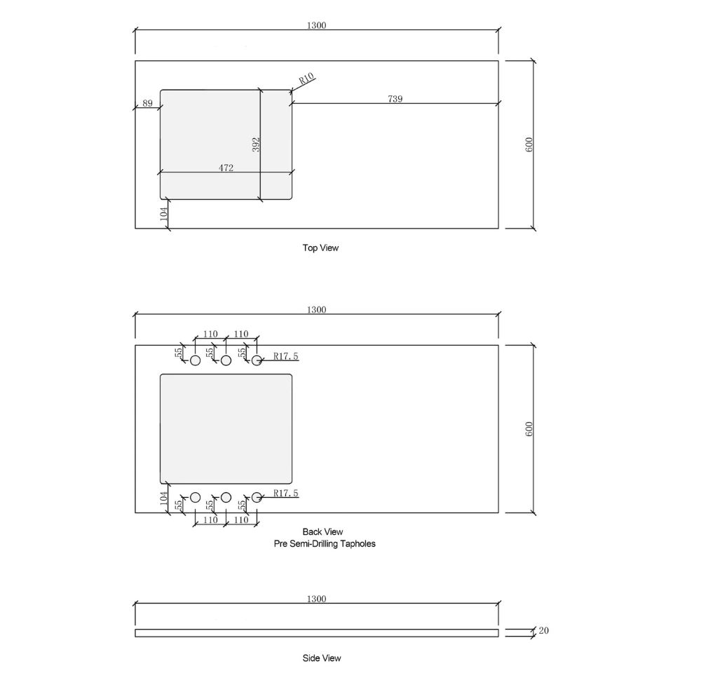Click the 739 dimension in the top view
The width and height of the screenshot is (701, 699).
(x=395, y=98)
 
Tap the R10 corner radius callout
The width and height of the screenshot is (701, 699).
(x=306, y=79)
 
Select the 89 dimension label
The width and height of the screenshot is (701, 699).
(x=147, y=103)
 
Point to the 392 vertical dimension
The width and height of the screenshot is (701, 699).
(x=256, y=144)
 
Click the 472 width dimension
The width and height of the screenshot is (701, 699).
(x=226, y=168)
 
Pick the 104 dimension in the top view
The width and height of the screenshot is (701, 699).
(x=163, y=214)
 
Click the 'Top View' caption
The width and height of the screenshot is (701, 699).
(x=320, y=247)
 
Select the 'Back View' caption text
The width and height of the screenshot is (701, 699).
(x=322, y=531)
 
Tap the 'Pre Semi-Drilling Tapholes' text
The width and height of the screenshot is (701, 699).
(x=325, y=544)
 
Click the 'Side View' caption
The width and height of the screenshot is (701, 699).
(x=322, y=658)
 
